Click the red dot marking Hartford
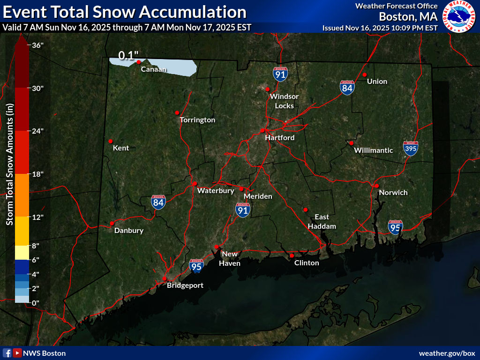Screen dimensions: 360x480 (x=263, y=130)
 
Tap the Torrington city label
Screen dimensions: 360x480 (x=197, y=120)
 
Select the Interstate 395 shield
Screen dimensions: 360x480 (x=410, y=148)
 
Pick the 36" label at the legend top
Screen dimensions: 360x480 (x=35, y=45)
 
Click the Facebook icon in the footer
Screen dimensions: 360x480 (x=7, y=353)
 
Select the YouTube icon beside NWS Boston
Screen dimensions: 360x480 (x=17, y=353)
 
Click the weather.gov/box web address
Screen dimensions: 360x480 (x=447, y=353)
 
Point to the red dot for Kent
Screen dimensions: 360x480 (x=111, y=141)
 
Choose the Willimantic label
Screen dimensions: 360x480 (x=373, y=150)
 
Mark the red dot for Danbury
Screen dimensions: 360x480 (x=112, y=223)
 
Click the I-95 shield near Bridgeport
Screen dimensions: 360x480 (x=196, y=266)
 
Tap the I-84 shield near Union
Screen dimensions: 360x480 (x=347, y=88)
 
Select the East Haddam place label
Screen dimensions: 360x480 (x=322, y=221)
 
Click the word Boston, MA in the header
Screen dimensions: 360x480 (x=408, y=17)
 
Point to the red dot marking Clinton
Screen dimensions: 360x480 (x=292, y=255)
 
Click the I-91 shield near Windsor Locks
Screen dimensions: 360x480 (x=280, y=75)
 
